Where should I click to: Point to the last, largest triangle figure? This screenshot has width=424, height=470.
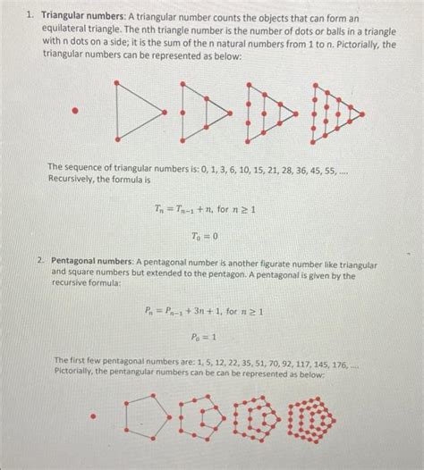tap(335, 112)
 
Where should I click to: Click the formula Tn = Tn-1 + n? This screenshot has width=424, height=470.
tap(205, 209)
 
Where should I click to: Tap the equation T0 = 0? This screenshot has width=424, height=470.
tap(204, 236)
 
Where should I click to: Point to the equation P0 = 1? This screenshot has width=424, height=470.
tap(203, 339)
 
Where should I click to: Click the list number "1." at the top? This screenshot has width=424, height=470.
tap(30, 17)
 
